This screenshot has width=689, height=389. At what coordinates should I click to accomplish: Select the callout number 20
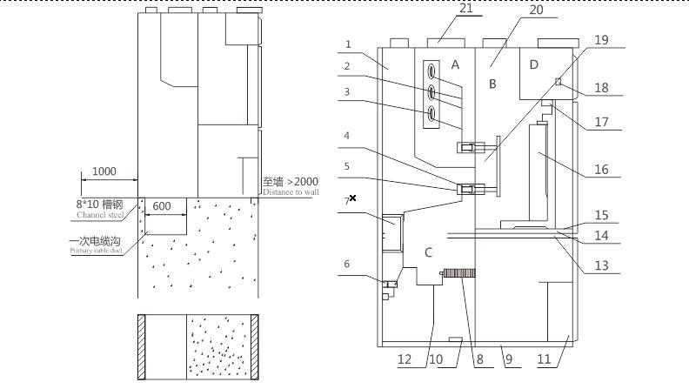tap(536, 10)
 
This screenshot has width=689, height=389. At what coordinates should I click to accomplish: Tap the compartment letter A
tap(455, 64)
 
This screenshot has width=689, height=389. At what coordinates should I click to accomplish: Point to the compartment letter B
tap(492, 84)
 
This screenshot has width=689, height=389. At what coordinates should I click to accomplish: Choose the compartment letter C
tap(427, 252)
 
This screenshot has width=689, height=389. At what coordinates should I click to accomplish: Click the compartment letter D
tap(534, 64)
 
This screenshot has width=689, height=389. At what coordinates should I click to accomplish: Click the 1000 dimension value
tap(104, 171)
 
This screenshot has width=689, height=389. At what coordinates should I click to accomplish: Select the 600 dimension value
tap(162, 207)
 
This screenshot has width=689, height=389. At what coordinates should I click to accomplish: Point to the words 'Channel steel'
tap(100, 215)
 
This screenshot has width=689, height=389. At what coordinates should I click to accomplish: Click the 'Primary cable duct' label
tap(97, 252)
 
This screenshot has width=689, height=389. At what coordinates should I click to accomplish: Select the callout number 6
tap(346, 265)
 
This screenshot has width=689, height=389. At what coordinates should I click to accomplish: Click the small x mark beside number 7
tap(352, 198)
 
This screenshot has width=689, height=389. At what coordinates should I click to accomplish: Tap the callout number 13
tap(601, 266)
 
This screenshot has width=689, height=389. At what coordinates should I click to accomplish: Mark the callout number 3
tap(346, 91)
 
